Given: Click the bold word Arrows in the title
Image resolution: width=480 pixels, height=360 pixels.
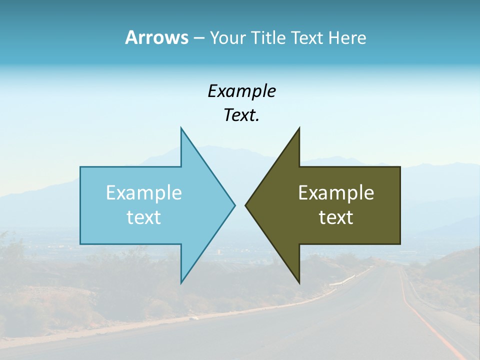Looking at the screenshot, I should [x=156, y=37].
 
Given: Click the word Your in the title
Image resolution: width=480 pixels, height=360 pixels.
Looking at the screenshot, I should [x=226, y=38].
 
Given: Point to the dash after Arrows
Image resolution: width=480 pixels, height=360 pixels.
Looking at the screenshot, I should [x=198, y=38].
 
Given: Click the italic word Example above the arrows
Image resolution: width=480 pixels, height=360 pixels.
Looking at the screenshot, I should [x=241, y=91].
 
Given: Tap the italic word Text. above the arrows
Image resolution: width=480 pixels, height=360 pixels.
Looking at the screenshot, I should [x=241, y=115].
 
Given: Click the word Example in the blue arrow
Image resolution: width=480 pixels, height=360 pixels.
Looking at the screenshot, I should [x=144, y=193].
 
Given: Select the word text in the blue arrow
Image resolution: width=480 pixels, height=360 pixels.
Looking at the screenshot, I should [x=144, y=217].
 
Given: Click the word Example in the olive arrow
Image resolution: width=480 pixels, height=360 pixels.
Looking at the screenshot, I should [x=336, y=193].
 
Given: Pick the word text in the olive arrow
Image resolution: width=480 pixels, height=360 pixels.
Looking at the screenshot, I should [x=336, y=217].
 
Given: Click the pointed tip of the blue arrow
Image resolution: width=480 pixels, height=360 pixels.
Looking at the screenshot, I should [x=234, y=205].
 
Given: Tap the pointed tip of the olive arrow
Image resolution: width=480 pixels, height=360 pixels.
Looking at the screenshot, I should [x=245, y=205].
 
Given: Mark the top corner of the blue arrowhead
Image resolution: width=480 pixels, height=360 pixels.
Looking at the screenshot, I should [x=181, y=128].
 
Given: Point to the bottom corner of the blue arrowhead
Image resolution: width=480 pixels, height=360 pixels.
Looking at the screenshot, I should [x=181, y=282].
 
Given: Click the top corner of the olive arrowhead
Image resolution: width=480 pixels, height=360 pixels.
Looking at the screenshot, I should [x=299, y=128].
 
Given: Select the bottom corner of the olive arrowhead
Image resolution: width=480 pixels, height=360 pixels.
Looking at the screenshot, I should [x=299, y=282].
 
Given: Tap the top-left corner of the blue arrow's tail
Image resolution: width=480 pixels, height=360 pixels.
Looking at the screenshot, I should [x=80, y=167].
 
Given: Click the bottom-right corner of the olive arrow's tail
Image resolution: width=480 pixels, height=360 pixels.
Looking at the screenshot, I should [x=400, y=244].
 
